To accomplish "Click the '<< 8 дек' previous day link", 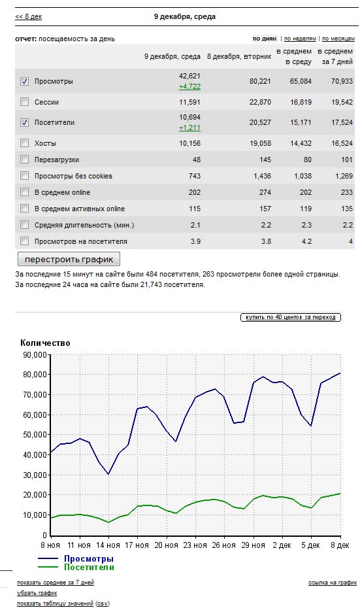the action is (29, 17).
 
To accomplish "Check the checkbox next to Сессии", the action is (25, 102).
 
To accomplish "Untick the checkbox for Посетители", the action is (25, 122).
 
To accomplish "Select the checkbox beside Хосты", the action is (25, 143).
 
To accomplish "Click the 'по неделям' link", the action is (300, 39).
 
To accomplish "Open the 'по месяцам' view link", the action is (338, 39).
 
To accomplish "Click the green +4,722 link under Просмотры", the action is (189, 86).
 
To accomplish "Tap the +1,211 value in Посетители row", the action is (189, 127).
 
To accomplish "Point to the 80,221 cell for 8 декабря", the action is (260, 81).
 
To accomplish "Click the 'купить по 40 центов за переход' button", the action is (291, 317).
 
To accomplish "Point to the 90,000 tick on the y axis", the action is (35, 355).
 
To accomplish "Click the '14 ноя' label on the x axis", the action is (108, 545).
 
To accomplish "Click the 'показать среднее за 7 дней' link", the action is (56, 583).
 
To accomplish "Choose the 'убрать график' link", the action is (37, 593).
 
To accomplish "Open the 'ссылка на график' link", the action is (333, 583).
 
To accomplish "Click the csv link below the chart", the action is (103, 603).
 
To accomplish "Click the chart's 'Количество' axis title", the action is (45, 343).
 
